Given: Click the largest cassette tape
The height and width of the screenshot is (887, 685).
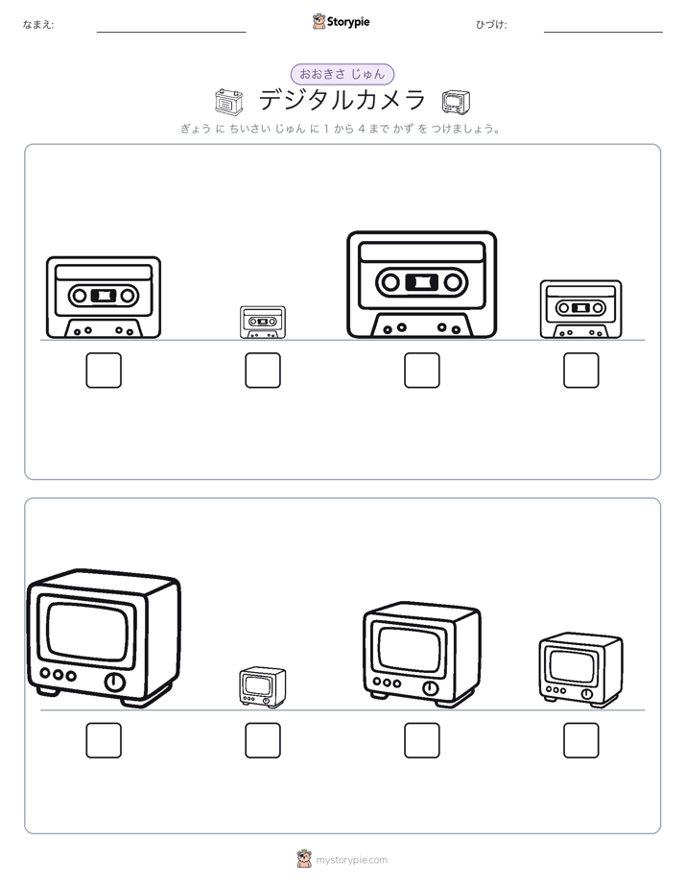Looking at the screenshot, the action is (x=421, y=284).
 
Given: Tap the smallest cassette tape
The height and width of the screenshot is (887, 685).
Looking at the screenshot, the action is (x=263, y=322).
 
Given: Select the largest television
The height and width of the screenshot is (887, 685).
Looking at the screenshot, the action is (x=104, y=637).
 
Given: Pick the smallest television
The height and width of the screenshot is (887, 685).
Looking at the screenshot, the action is (x=263, y=686).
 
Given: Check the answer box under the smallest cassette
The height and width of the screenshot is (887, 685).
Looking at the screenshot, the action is (x=263, y=371).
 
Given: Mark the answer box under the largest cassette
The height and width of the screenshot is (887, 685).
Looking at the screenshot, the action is (x=421, y=371).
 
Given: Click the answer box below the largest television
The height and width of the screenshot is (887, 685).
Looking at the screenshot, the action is (x=104, y=740).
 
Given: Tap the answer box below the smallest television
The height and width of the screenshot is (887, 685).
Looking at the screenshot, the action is (x=263, y=740).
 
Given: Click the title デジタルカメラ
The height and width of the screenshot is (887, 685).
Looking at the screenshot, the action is (x=342, y=100).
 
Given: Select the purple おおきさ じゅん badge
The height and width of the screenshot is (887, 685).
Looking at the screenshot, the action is (x=342, y=74).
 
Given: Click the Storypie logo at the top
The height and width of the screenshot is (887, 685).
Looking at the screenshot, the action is (x=341, y=21).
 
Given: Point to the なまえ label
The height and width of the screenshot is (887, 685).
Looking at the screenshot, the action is (x=38, y=24).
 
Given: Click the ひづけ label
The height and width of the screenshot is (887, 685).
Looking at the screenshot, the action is (x=491, y=24).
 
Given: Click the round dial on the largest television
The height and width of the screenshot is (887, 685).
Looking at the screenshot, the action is (x=114, y=682).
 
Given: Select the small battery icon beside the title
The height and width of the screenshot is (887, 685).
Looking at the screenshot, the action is (x=229, y=101).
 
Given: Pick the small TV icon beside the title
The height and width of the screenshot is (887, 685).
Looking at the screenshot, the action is (x=456, y=102).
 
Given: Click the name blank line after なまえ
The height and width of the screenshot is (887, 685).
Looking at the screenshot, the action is (x=171, y=33).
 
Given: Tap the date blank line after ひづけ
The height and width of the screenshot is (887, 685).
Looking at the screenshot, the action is (x=603, y=33).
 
